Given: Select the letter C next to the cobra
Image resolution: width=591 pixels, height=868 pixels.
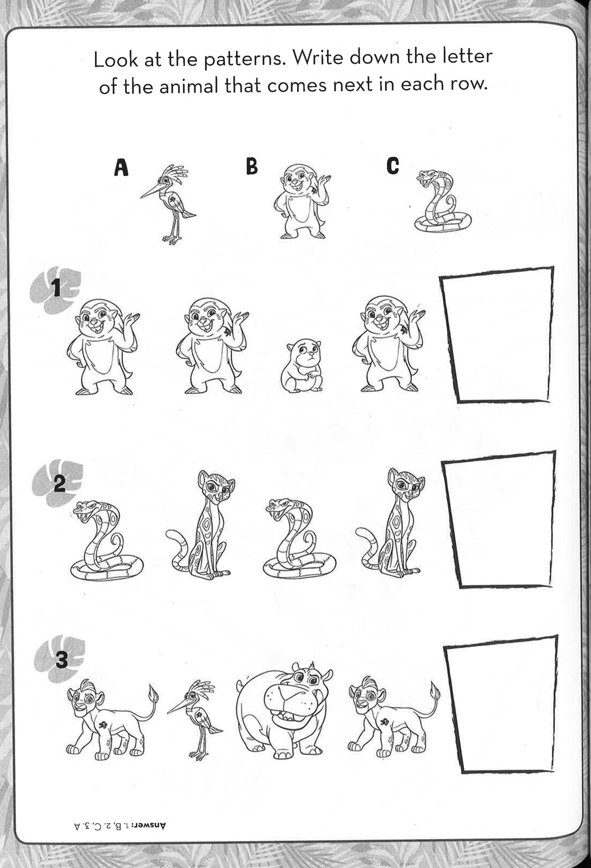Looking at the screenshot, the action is [x=393, y=165].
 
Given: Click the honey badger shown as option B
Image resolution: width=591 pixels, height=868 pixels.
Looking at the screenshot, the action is [x=302, y=201].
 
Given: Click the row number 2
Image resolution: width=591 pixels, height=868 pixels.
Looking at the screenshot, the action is [x=59, y=484].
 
